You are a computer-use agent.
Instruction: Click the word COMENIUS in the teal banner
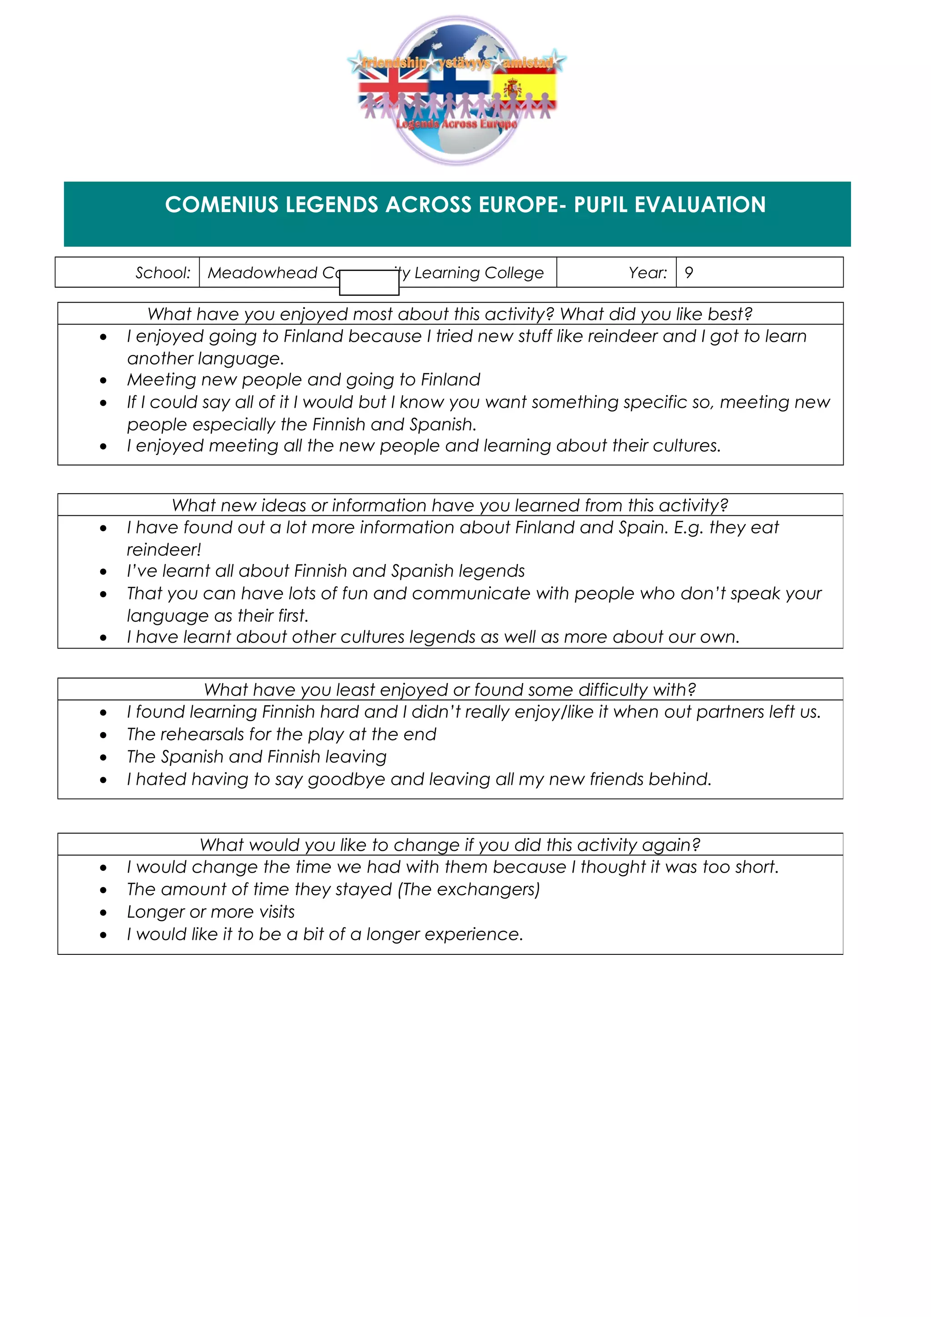(221, 205)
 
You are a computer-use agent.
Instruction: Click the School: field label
(163, 273)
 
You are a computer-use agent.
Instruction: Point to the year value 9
(689, 273)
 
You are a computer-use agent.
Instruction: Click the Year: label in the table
(648, 273)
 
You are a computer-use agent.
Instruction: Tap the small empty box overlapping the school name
(369, 283)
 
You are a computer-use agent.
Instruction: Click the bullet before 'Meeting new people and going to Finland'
(103, 380)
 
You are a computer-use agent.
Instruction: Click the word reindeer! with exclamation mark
(164, 549)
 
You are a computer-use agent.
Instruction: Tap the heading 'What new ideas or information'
(450, 505)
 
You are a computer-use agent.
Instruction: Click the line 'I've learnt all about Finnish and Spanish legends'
(325, 571)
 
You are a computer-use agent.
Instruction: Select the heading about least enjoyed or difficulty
(450, 689)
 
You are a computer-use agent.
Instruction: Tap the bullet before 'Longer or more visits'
(103, 912)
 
